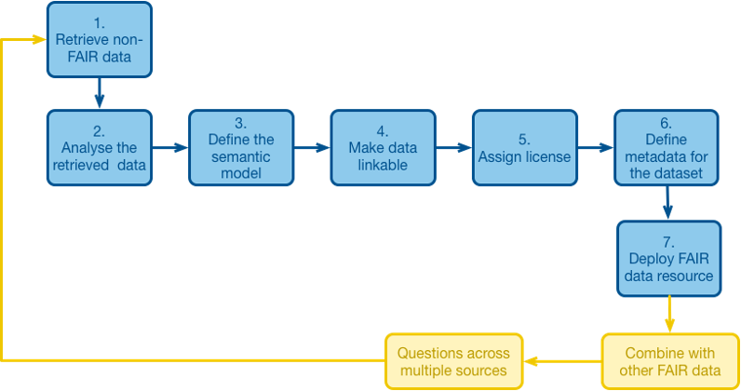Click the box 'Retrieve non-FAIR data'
(100, 40)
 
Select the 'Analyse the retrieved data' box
(100, 147)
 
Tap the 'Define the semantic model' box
(241, 147)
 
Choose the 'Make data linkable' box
(383, 147)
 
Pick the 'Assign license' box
(524, 147)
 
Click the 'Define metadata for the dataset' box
(667, 147)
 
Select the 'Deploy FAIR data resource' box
(668, 259)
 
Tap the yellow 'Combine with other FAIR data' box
(670, 362)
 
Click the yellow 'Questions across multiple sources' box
(453, 362)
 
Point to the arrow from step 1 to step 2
(100, 93)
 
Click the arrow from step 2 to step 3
(170, 147)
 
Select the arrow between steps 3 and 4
(312, 147)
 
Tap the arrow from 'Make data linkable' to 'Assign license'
(453, 147)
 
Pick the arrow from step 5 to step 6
(596, 147)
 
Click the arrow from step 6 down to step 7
(667, 203)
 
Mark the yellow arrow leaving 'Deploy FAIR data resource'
(669, 315)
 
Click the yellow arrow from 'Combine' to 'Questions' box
(562, 362)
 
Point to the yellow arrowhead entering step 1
(39, 39)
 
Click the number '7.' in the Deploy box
(668, 242)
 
